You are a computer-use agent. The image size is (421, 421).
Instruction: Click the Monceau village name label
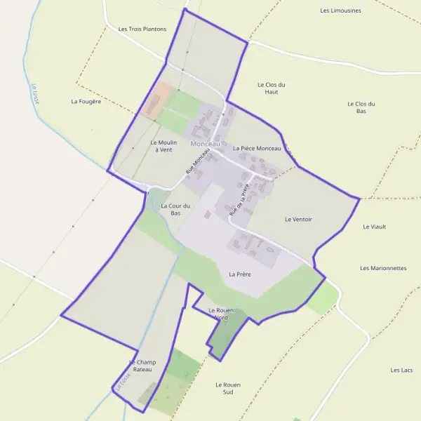click(x=205, y=144)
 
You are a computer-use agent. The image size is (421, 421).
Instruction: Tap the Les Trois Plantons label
click(x=142, y=29)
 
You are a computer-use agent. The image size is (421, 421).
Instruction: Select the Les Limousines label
click(x=340, y=11)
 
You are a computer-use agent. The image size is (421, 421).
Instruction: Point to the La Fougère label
click(x=86, y=101)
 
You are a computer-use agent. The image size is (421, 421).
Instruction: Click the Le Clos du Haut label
click(x=272, y=88)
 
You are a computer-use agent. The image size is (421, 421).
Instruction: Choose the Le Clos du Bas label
click(x=361, y=107)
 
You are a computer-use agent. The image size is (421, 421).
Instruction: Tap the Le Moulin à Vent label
click(x=163, y=145)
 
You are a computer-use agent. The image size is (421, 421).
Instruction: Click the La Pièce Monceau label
click(x=257, y=149)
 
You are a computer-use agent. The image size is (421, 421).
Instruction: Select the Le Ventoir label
click(x=298, y=220)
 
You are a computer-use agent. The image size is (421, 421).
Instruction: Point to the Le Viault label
click(x=375, y=227)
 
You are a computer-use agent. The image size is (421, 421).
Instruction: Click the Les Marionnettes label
click(x=383, y=268)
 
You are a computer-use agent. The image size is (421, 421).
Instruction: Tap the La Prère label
click(x=240, y=274)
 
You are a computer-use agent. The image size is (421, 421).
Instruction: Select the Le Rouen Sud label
click(x=229, y=388)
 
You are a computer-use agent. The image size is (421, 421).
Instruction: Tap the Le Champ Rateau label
click(x=142, y=366)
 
